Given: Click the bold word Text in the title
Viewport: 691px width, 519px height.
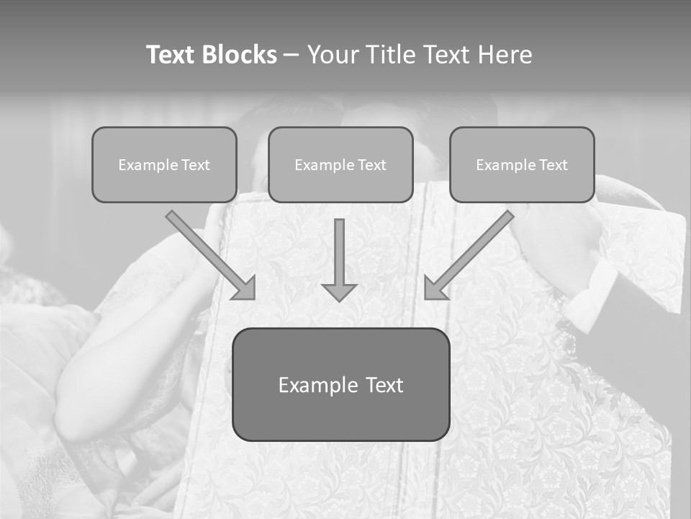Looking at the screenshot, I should coord(172,55).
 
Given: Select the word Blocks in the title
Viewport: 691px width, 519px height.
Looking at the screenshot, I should coord(239,55).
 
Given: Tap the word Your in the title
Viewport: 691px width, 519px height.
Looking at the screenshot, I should coord(332,55).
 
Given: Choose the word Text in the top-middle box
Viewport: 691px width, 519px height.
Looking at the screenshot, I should coord(372,165).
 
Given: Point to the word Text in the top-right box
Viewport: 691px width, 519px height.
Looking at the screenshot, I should coord(554,165).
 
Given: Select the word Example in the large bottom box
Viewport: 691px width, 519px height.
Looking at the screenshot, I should coord(318,385).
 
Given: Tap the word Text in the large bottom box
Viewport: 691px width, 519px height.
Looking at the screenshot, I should coord(384,385).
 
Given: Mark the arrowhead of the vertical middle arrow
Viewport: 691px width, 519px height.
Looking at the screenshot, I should coord(339,292).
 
